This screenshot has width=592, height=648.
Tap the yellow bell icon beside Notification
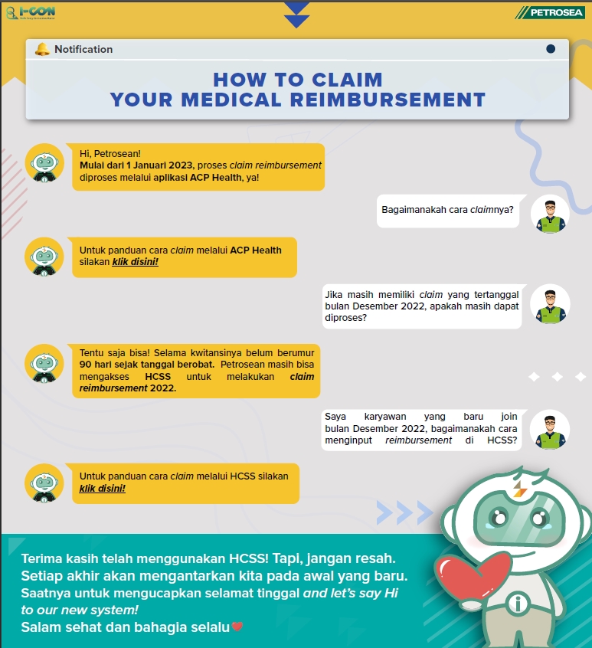[x=42, y=50]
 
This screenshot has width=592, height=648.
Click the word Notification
[x=83, y=50]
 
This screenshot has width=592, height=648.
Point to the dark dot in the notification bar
[x=551, y=49]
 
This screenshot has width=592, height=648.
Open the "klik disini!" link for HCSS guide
[x=103, y=488]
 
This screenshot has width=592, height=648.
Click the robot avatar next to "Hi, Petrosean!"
[x=44, y=163]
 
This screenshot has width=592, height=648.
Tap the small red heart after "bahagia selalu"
[x=237, y=627]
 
